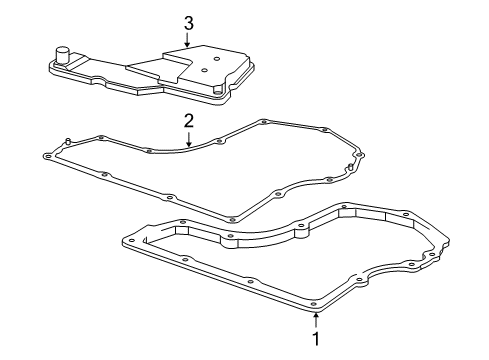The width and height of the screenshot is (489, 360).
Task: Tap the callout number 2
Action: pos(187,120)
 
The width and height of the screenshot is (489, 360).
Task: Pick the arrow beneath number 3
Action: pos(187,39)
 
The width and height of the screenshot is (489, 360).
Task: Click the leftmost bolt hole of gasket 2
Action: pos(49,155)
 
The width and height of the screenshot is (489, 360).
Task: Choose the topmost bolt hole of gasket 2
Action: pos(262,122)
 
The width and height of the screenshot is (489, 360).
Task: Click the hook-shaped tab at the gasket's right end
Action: pos(349,166)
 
